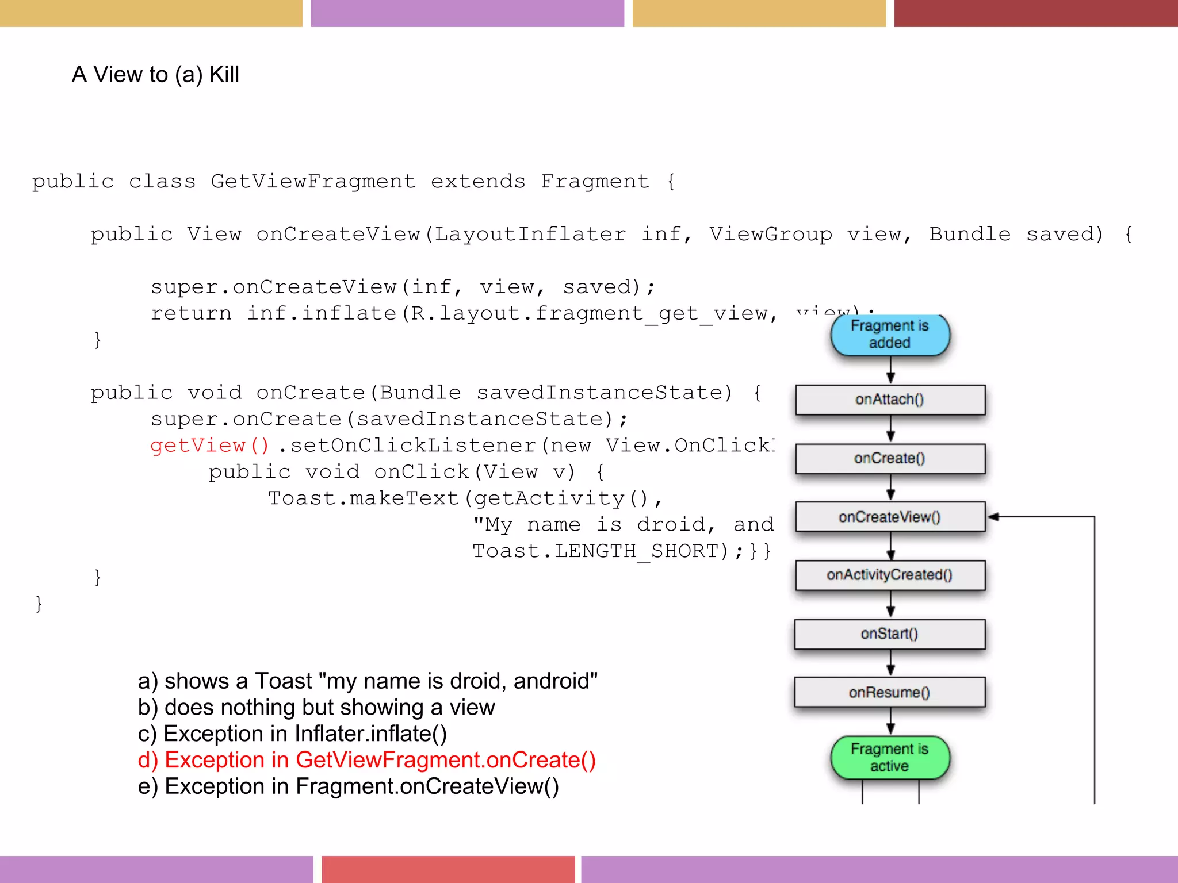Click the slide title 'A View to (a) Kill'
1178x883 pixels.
click(x=155, y=75)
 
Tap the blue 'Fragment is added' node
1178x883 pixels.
click(x=890, y=335)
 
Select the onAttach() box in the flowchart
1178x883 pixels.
click(x=890, y=400)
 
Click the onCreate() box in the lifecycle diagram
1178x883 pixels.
click(x=890, y=458)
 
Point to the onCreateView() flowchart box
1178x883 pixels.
click(x=890, y=517)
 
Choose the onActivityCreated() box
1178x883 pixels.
click(x=890, y=575)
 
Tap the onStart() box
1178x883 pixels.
click(x=890, y=634)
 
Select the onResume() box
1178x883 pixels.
click(x=890, y=692)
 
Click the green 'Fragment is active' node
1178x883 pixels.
click(x=890, y=758)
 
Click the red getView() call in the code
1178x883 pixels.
click(x=209, y=446)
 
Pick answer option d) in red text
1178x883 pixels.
click(x=366, y=760)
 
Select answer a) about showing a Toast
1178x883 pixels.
click(x=368, y=681)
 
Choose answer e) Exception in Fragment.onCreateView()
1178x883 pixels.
click(x=348, y=786)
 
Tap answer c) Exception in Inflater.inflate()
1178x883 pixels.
click(x=292, y=734)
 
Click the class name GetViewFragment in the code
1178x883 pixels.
click(x=313, y=182)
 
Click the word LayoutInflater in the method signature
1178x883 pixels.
click(x=530, y=235)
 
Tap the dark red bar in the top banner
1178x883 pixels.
click(x=1035, y=13)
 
